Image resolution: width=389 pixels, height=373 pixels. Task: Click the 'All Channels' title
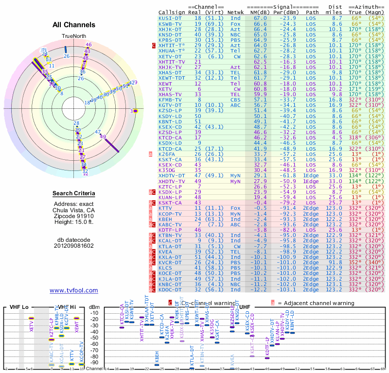[74, 25]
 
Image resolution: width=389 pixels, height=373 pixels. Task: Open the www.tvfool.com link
[74, 290]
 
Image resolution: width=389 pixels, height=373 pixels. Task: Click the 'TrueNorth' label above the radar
[74, 36]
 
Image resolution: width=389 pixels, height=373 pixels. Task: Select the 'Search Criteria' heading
[74, 194]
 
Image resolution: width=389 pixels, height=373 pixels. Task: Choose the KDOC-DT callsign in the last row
[172, 290]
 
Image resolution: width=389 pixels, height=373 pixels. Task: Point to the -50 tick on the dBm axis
[95, 338]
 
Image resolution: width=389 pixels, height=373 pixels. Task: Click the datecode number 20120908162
[74, 246]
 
